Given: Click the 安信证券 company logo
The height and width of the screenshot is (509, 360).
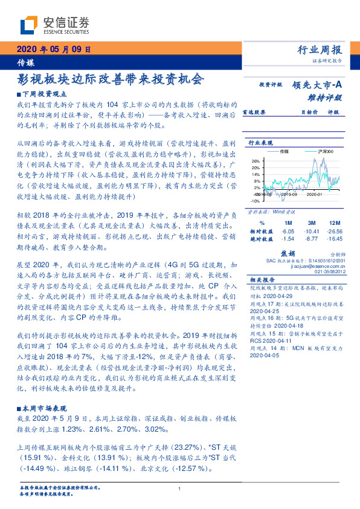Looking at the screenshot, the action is coord(54,25).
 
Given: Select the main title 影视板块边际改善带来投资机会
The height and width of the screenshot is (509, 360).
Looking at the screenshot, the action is coord(111,79).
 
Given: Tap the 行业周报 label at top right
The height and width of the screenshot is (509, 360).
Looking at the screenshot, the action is coord(320,50).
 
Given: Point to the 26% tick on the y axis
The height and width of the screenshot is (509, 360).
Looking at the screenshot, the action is coord(256,161).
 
